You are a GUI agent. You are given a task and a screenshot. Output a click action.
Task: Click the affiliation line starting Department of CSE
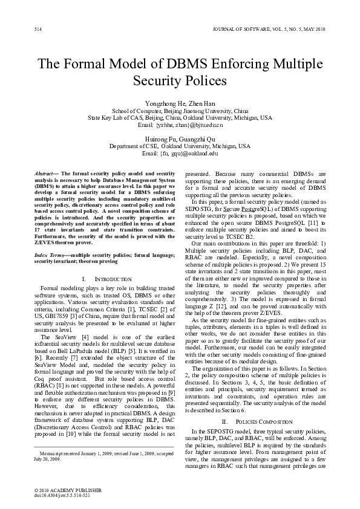tap(180, 146)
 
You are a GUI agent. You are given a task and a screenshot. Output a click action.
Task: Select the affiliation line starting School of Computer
tap(180, 111)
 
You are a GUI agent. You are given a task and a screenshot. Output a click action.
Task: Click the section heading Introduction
tap(109, 279)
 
